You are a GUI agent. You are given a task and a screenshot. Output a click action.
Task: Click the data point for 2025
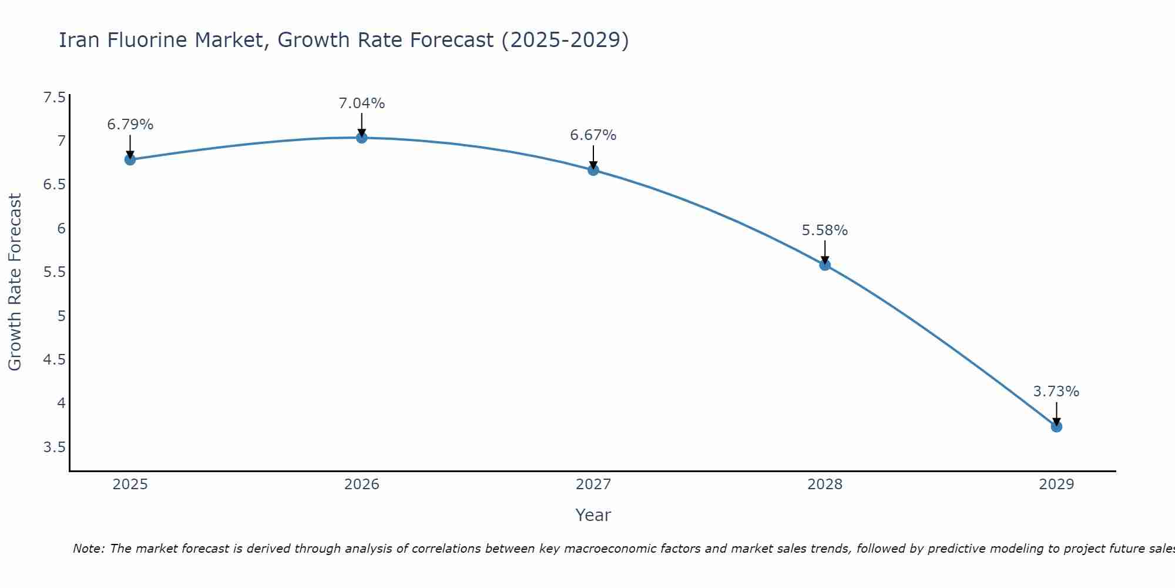(130, 159)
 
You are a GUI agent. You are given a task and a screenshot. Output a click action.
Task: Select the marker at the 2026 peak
(362, 138)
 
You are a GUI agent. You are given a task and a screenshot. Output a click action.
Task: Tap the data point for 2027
(593, 170)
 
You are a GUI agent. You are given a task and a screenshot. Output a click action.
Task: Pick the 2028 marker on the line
(825, 265)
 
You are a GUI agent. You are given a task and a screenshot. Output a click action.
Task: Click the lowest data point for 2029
(1056, 426)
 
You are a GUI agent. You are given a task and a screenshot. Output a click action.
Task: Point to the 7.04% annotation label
(362, 103)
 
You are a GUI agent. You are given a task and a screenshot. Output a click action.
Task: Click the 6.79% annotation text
(130, 125)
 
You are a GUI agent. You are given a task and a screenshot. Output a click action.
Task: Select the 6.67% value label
(593, 135)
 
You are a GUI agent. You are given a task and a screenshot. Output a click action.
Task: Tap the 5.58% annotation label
(825, 230)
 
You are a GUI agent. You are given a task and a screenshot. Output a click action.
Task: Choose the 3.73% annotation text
(1056, 392)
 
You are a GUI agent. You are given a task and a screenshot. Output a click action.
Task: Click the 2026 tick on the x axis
(362, 485)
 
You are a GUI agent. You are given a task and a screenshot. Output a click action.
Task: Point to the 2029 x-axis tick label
(1056, 485)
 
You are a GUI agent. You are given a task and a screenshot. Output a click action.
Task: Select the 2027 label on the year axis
(593, 485)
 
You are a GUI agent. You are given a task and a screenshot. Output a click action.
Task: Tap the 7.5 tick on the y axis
(55, 98)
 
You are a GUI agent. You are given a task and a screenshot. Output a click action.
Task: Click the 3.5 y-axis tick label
(55, 447)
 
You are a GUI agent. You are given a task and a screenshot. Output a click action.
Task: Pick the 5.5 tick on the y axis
(55, 272)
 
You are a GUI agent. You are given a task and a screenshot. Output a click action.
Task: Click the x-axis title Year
(593, 515)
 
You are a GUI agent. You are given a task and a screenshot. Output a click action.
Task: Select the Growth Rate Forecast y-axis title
(15, 282)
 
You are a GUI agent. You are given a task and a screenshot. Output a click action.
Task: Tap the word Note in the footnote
(88, 549)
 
